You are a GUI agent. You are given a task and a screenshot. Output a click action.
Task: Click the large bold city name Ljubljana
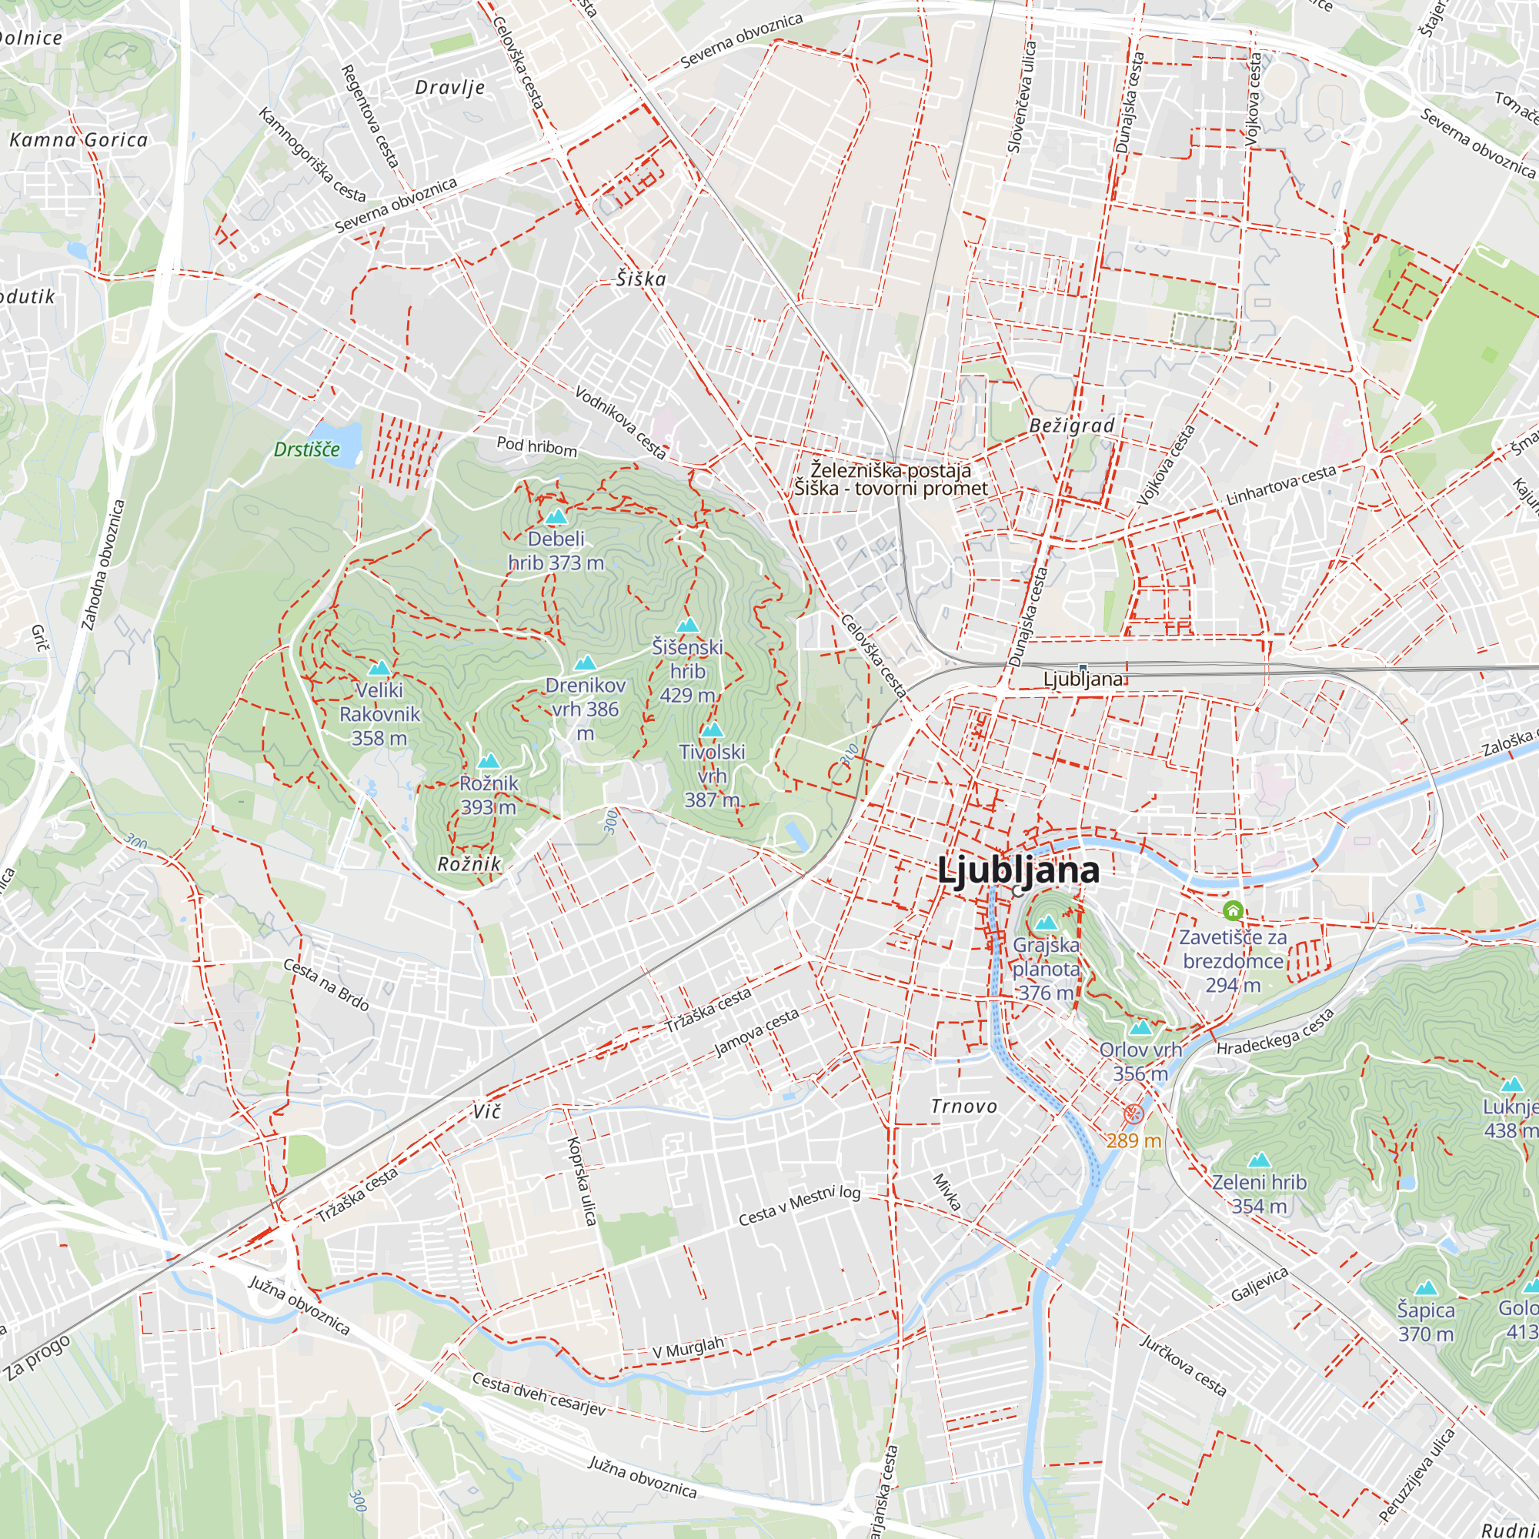1018,869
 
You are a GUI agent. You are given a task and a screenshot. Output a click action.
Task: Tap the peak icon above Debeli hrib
556,516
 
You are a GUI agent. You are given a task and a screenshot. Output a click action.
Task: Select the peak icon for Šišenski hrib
687,626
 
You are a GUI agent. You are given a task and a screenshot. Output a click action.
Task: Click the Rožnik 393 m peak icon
489,762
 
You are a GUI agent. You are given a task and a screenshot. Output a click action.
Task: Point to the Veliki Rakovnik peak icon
379,667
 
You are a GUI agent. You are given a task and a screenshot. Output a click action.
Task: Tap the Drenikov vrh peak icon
586,663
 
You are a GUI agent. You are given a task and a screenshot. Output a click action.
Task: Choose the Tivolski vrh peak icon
712,729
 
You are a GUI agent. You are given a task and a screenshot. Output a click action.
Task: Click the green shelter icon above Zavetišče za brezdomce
1233,910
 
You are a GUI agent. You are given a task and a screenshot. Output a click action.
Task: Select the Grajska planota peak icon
1046,923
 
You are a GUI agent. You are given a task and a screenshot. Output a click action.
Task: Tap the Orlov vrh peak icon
1140,1027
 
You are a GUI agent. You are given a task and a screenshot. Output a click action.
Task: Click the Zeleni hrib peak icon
1259,1160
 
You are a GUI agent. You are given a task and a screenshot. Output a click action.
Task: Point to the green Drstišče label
307,449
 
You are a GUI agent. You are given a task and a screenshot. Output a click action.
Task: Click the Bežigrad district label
1071,426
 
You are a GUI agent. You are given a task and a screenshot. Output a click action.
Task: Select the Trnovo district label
964,1107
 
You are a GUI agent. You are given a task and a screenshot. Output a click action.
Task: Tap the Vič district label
487,1111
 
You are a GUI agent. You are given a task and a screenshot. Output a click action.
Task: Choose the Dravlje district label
450,88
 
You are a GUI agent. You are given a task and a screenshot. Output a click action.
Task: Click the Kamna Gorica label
78,140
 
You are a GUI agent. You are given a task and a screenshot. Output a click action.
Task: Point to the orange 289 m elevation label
1133,1140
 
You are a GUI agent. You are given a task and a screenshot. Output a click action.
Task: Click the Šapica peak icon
1425,1288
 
